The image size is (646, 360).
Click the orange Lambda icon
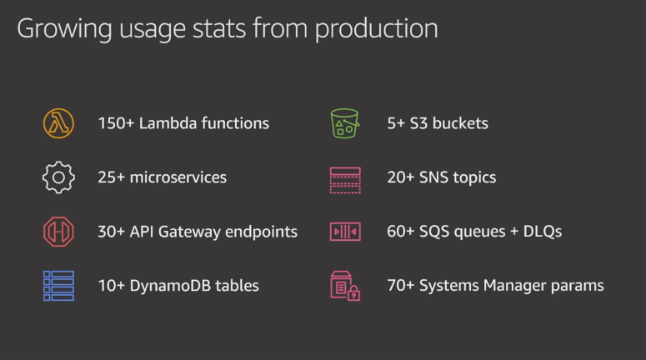tap(58, 123)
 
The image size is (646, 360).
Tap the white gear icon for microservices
tap(58, 177)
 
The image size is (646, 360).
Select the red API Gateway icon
tap(58, 232)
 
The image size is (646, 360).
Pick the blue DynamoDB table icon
tap(58, 286)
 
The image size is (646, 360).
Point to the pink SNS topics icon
tap(345, 180)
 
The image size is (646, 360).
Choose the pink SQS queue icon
tap(345, 232)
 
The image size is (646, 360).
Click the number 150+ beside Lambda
tap(116, 123)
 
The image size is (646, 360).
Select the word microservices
tap(178, 177)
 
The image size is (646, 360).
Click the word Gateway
tap(189, 232)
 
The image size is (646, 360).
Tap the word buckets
tap(460, 123)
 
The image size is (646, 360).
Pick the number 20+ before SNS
tap(401, 177)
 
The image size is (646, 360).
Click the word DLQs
tap(542, 232)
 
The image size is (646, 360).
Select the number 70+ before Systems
tap(401, 286)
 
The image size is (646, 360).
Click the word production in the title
tap(376, 29)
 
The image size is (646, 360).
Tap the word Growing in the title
tap(64, 29)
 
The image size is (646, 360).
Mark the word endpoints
tap(261, 232)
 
